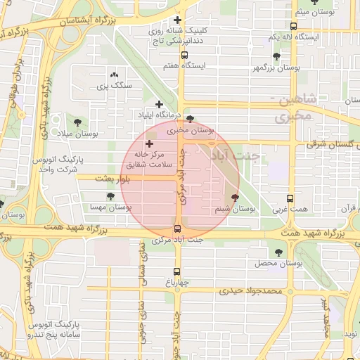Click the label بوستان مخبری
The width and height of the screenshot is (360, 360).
[x=190, y=130]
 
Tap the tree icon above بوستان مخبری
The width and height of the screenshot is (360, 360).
[x=190, y=119]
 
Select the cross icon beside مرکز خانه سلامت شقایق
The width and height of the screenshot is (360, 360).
[x=148, y=143]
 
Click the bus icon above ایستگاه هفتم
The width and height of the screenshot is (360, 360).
[x=184, y=55]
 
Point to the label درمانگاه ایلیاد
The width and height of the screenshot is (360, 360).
[x=160, y=114]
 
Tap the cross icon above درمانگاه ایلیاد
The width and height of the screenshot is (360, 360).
[x=160, y=104]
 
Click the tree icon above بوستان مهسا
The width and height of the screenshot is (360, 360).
[x=110, y=197]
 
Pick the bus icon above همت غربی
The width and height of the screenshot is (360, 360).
[x=290, y=199]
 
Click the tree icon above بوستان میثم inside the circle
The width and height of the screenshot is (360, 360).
[x=235, y=198]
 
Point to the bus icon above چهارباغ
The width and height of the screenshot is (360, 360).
[x=176, y=271]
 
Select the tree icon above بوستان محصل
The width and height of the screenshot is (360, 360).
[x=278, y=252]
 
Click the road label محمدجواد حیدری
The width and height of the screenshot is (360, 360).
[x=250, y=290]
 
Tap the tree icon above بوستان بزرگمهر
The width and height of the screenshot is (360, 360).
[x=276, y=57]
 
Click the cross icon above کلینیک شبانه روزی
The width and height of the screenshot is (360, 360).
[x=177, y=20]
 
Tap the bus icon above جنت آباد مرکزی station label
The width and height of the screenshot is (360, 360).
[x=176, y=229]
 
